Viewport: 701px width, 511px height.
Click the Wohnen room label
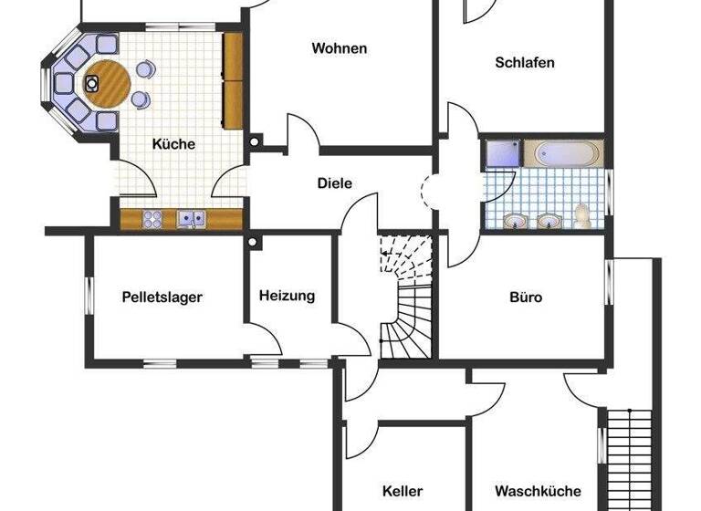pos(339,48)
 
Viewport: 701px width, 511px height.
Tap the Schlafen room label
pos(525,63)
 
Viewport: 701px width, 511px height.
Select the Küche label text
pos(173,144)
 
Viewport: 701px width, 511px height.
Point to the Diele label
pos(334,182)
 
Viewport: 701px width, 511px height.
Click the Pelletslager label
pos(162,297)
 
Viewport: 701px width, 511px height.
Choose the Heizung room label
pos(287,296)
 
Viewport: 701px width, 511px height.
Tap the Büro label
pos(526,297)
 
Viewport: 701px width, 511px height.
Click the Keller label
pos(403,490)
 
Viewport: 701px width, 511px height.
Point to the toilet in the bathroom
pos(582,216)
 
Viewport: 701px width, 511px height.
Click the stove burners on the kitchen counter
pos(152,219)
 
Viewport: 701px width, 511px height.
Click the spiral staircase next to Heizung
pos(403,301)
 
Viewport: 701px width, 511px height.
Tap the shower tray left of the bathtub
pos(502,153)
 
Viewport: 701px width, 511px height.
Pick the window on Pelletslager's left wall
pos(89,297)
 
